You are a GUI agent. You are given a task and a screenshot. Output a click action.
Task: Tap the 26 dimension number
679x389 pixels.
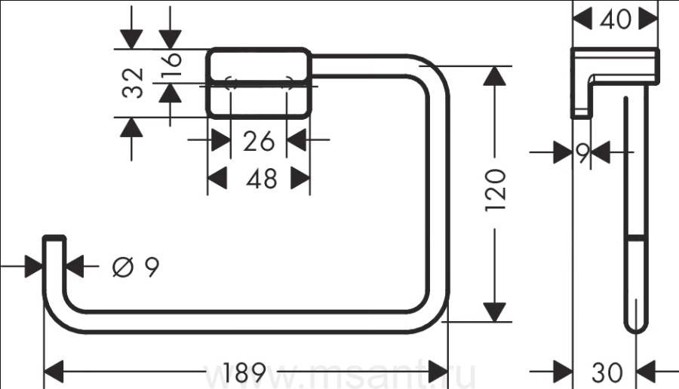point(258,140)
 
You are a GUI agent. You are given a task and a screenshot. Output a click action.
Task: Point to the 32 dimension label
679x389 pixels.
point(133,83)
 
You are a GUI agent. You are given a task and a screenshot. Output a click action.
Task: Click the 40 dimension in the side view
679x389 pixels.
point(616,19)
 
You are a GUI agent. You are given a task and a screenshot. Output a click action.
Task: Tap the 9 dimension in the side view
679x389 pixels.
point(582,153)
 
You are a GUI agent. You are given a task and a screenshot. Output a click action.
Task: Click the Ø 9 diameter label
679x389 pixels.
point(136,266)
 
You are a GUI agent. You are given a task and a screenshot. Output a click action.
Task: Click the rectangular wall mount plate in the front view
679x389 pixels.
point(259,83)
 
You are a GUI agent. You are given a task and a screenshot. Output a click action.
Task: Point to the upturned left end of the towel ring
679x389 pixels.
point(54,253)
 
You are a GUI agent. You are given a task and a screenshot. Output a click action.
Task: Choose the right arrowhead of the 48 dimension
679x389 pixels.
point(301,179)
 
